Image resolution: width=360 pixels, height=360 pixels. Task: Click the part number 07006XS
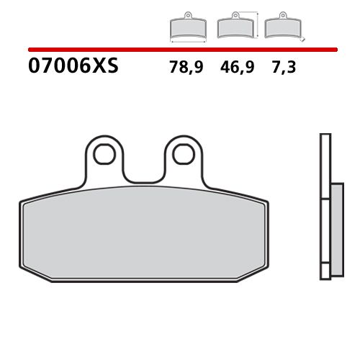[x=72, y=67]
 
